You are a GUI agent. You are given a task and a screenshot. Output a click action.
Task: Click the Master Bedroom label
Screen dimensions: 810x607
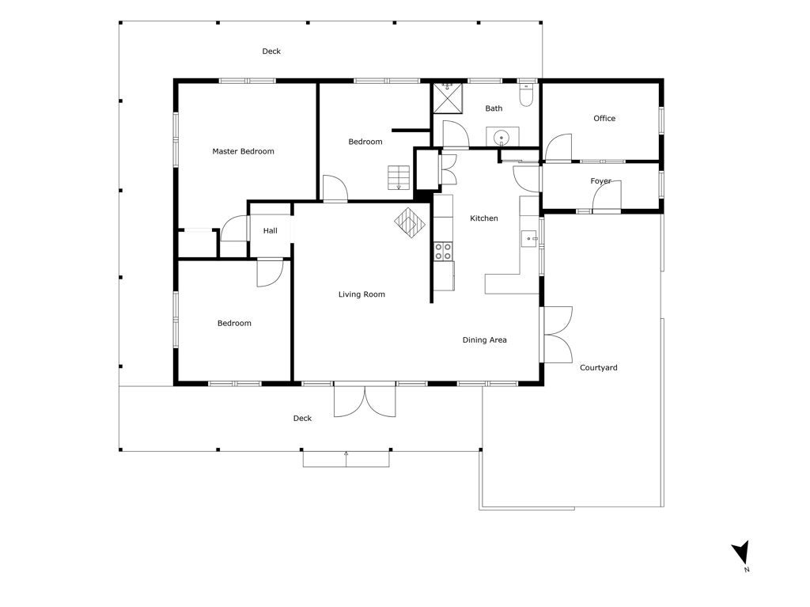coord(243,151)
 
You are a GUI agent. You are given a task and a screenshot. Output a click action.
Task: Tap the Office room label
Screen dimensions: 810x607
coord(604,119)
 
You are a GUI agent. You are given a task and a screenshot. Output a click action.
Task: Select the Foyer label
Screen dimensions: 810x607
coord(600,181)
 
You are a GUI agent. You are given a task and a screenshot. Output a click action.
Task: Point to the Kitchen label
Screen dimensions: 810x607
coord(484,218)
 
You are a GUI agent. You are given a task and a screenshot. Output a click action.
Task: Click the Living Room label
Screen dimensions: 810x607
coord(361,294)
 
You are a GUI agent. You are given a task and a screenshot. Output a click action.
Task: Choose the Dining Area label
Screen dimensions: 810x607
coord(485,340)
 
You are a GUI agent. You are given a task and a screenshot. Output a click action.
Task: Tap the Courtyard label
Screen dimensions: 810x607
coord(598,368)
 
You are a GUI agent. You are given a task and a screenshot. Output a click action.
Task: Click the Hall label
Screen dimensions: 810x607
coord(271,230)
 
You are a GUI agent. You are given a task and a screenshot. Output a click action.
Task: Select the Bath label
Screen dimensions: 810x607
coord(494,108)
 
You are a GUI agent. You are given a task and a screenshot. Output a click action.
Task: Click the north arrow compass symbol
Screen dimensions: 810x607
coord(742,553)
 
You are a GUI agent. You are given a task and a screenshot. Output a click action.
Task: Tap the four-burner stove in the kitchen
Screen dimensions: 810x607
coord(443,252)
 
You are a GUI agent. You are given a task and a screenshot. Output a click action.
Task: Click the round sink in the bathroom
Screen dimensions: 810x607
coord(501,138)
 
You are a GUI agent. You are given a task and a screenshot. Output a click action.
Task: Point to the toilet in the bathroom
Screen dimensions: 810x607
coord(526,94)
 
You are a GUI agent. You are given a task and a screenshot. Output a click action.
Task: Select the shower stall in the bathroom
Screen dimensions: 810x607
coord(448,97)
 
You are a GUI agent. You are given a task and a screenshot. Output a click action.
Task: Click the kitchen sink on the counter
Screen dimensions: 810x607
coord(529,239)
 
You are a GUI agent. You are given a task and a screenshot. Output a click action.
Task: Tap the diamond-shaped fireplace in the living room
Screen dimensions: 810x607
coord(410,223)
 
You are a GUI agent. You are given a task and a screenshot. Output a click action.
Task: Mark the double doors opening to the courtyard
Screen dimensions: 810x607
coord(557,335)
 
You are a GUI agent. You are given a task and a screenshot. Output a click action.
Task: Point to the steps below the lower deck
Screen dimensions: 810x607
coord(346,459)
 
